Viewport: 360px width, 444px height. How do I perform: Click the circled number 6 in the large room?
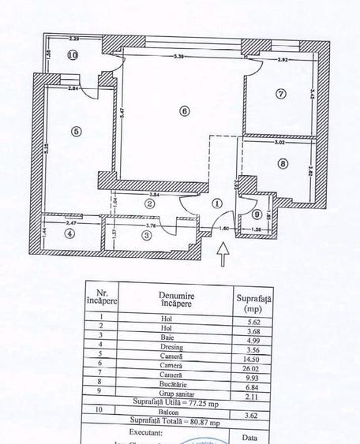click(x=183, y=111)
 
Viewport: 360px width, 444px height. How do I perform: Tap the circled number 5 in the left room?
click(x=76, y=132)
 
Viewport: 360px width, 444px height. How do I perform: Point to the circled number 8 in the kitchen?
click(x=282, y=164)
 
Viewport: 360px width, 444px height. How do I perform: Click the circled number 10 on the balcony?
click(x=72, y=55)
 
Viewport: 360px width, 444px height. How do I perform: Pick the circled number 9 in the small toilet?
click(x=256, y=214)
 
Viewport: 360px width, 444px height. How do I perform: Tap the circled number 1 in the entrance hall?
click(x=218, y=202)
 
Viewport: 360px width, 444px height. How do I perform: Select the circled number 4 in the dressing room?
click(x=70, y=233)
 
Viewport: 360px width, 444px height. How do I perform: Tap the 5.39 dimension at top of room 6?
click(x=179, y=57)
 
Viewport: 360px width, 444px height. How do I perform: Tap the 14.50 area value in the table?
click(x=253, y=357)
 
